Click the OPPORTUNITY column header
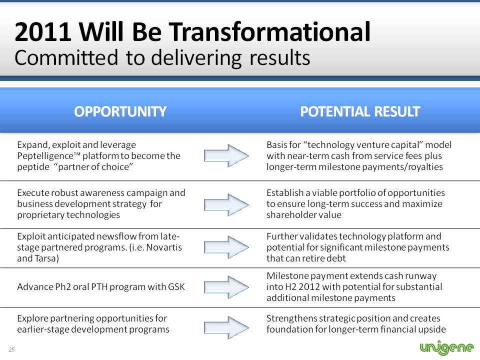coord(120,111)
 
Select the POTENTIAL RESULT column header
coord(360,111)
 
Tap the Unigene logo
coord(446,347)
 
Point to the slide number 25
coord(11,349)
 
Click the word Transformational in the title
coord(269,31)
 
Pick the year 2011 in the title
coord(43,32)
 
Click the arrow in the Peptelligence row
coord(226,156)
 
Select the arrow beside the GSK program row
coord(226,287)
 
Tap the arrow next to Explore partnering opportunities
coord(226,327)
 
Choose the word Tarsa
coord(45,258)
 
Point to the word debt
coord(336,258)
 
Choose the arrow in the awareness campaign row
coord(226,205)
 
